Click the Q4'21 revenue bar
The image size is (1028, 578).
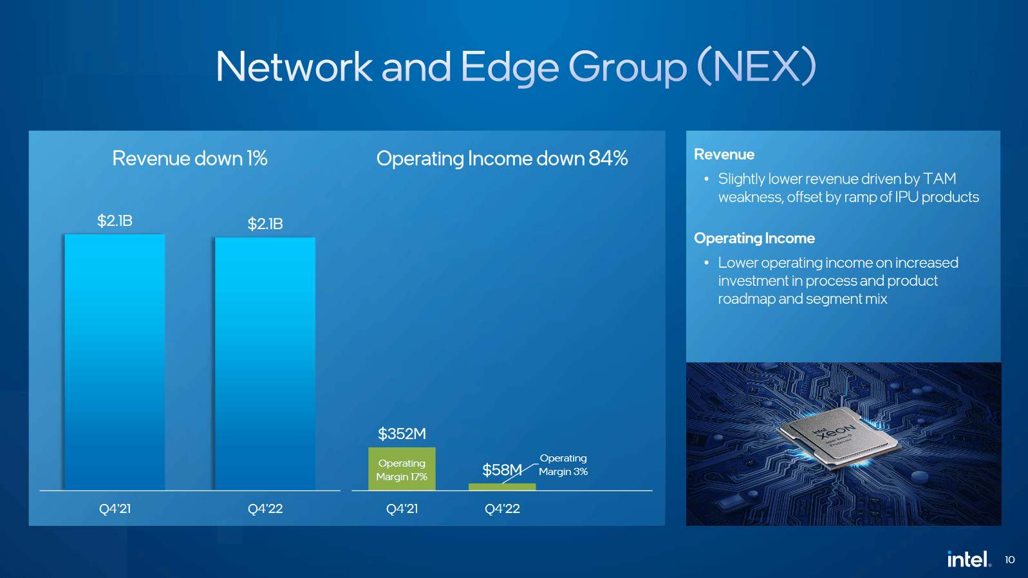115,362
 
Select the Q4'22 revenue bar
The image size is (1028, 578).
265,364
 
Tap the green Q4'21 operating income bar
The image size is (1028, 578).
402,469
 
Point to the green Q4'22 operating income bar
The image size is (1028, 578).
502,487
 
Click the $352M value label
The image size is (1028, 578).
402,434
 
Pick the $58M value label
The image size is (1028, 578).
502,470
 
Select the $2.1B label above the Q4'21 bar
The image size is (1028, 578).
115,221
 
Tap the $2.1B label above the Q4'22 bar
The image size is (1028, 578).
265,224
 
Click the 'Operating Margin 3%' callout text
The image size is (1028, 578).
563,465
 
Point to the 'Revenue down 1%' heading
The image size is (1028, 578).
190,158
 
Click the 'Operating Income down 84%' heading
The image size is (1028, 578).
502,159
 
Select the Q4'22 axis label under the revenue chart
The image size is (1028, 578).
265,508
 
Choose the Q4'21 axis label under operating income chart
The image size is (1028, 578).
402,508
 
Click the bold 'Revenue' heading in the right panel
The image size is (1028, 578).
724,154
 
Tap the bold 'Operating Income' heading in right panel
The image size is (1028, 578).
754,239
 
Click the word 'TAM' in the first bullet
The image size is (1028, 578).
939,178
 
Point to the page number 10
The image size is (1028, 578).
1009,560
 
